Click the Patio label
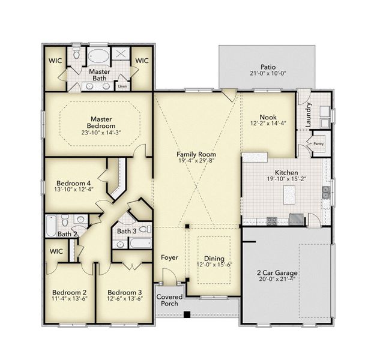268,67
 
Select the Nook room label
267,117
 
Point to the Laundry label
309,114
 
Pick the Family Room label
196,154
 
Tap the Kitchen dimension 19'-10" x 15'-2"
285,178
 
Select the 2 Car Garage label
277,273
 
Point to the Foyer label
169,257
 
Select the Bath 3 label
126,231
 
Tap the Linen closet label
122,86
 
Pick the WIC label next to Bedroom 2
56,251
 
